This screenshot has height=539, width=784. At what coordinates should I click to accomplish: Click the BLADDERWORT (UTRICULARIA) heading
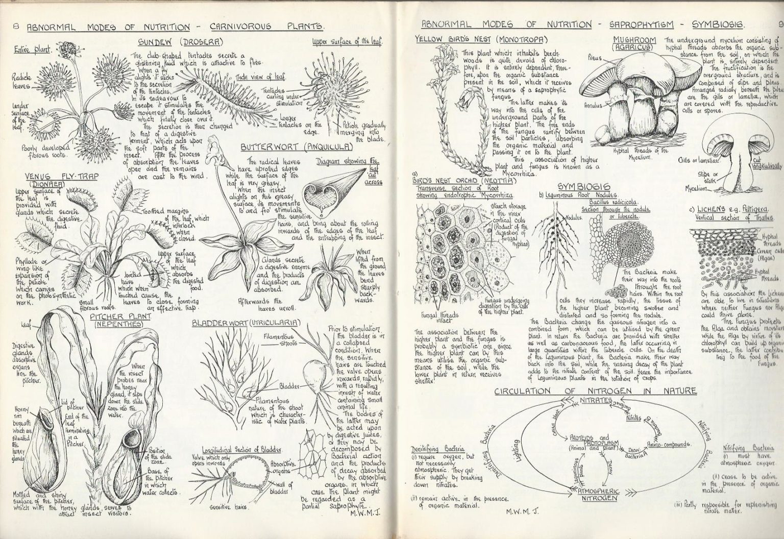click(x=245, y=323)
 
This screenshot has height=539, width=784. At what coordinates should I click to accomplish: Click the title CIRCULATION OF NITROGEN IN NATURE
click(x=595, y=391)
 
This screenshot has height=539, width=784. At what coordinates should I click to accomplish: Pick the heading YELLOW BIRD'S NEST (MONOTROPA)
click(x=481, y=39)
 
